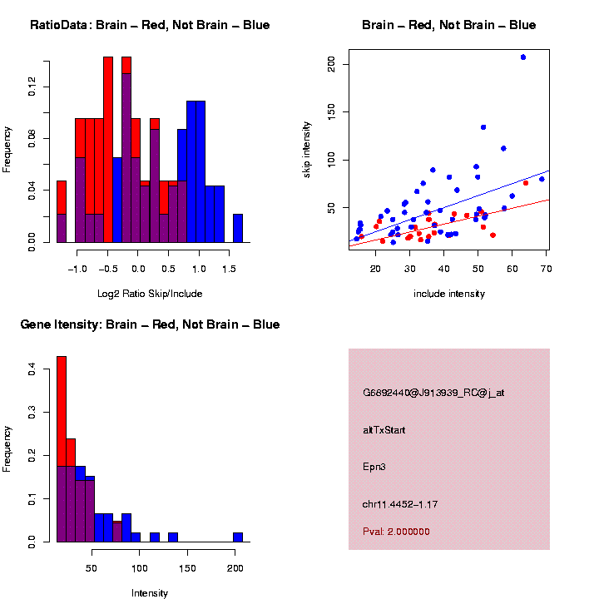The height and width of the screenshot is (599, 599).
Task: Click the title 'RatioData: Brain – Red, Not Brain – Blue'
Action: [x=150, y=25]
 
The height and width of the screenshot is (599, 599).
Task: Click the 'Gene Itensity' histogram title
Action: [x=150, y=324]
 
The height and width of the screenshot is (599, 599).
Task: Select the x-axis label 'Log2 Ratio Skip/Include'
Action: [x=149, y=294]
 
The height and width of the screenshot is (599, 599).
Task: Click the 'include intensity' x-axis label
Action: [x=449, y=294]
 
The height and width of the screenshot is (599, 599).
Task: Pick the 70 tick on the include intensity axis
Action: [x=546, y=268]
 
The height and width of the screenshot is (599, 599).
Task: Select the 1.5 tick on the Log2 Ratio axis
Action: [x=229, y=268]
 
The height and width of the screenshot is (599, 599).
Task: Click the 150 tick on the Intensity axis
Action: [x=188, y=567]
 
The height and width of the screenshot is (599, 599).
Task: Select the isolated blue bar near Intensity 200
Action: [x=238, y=537]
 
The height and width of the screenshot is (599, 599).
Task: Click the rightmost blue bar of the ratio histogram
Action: [x=238, y=228]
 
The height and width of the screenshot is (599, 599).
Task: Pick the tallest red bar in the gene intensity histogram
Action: [x=62, y=416]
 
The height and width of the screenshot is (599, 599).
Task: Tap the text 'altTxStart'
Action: [x=384, y=430]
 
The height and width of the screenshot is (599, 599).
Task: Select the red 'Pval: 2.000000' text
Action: [x=396, y=532]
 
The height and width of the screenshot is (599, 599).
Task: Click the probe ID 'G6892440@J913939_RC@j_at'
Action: [x=433, y=393]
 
